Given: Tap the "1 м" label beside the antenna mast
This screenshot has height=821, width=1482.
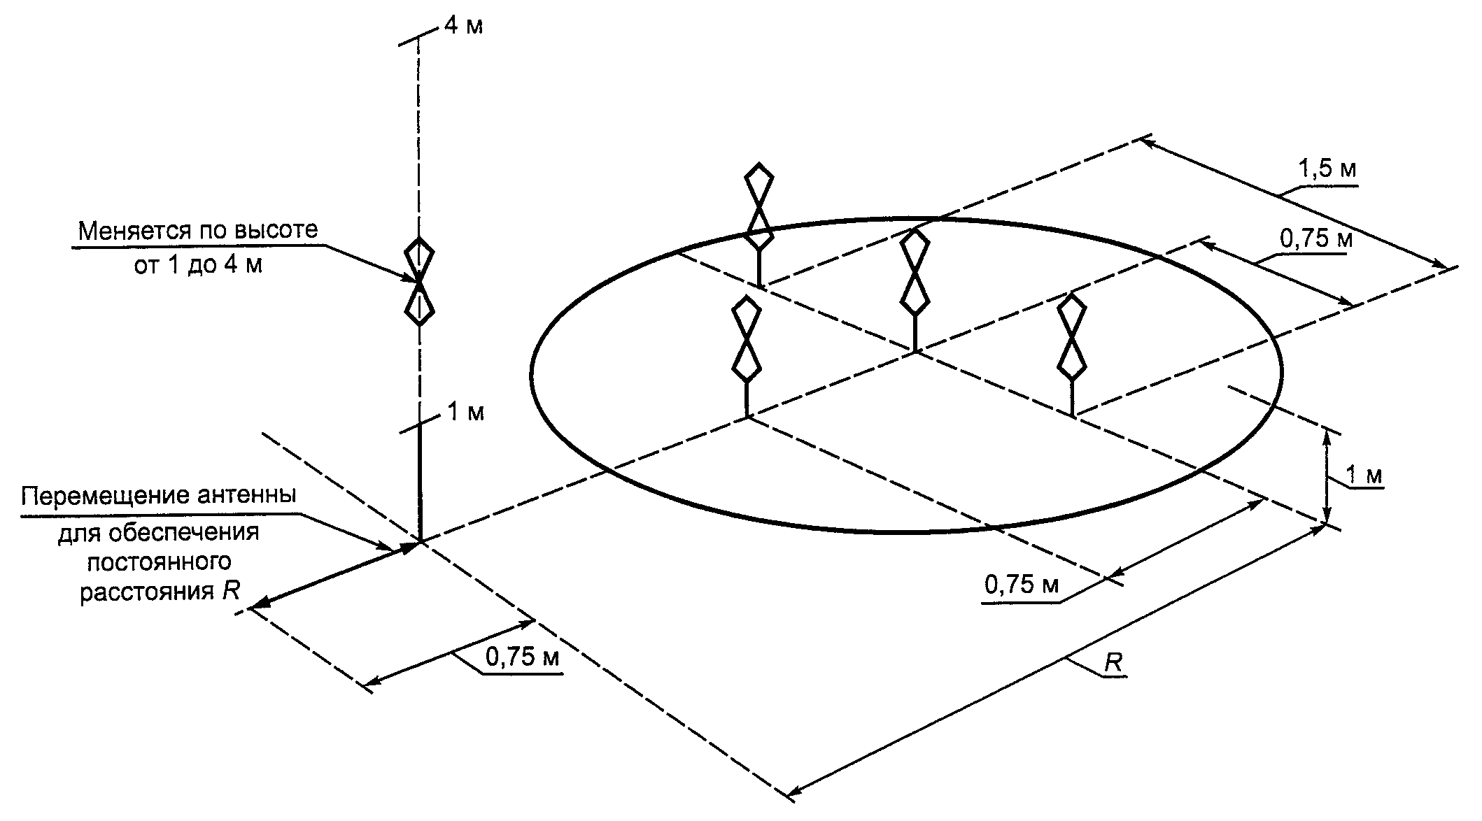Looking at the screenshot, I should [x=465, y=413].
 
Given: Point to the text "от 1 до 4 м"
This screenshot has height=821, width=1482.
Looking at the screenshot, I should [x=198, y=266].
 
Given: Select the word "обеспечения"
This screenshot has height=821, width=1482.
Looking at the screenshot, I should [x=185, y=533].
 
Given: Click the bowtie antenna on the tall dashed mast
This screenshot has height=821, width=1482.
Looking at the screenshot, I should [x=419, y=281].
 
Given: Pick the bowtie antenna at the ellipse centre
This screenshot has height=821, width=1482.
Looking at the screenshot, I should [x=915, y=273].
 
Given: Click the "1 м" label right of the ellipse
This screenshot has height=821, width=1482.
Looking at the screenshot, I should [x=1364, y=476].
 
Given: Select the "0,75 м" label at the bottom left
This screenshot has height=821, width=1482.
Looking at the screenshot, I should [x=521, y=657].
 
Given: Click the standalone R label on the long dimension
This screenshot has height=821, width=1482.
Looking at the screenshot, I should [x=1113, y=663].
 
